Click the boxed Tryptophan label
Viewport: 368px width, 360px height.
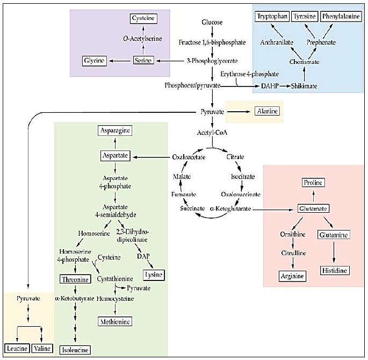272,17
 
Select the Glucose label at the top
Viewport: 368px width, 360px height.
212,22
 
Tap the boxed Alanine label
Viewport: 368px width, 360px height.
268,111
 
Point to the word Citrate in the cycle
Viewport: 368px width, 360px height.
235,157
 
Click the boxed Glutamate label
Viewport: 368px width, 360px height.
313,208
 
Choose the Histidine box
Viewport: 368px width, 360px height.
335,270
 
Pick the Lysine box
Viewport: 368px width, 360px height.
154,275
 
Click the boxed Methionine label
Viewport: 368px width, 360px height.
115,321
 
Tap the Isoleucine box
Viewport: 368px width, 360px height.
75,350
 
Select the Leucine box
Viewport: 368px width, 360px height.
17,348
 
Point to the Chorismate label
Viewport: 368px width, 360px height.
304,62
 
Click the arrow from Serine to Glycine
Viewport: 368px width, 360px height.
120,61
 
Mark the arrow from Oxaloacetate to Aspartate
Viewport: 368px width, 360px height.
151,157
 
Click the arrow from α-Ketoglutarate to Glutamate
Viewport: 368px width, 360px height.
273,210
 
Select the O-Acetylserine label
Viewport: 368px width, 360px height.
142,39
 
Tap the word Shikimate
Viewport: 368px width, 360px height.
304,86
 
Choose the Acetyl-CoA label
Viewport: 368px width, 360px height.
212,133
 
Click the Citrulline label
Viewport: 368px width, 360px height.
293,253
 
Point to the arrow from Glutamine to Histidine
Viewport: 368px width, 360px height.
334,253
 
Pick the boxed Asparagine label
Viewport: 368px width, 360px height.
115,131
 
